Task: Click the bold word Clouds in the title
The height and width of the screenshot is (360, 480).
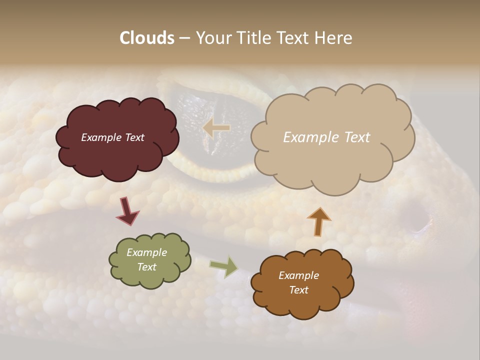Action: click(x=147, y=38)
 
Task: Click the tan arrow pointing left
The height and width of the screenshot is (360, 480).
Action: click(x=216, y=128)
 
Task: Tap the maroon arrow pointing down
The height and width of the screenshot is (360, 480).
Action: click(x=127, y=210)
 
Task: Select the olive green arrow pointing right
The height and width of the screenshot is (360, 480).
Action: click(x=224, y=266)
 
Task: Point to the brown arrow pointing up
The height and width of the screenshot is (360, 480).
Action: click(x=318, y=221)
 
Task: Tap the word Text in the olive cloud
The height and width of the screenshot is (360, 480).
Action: click(x=147, y=267)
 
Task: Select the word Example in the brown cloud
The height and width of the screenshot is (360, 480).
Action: click(x=298, y=275)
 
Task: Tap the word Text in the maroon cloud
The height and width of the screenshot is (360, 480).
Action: click(x=134, y=137)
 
